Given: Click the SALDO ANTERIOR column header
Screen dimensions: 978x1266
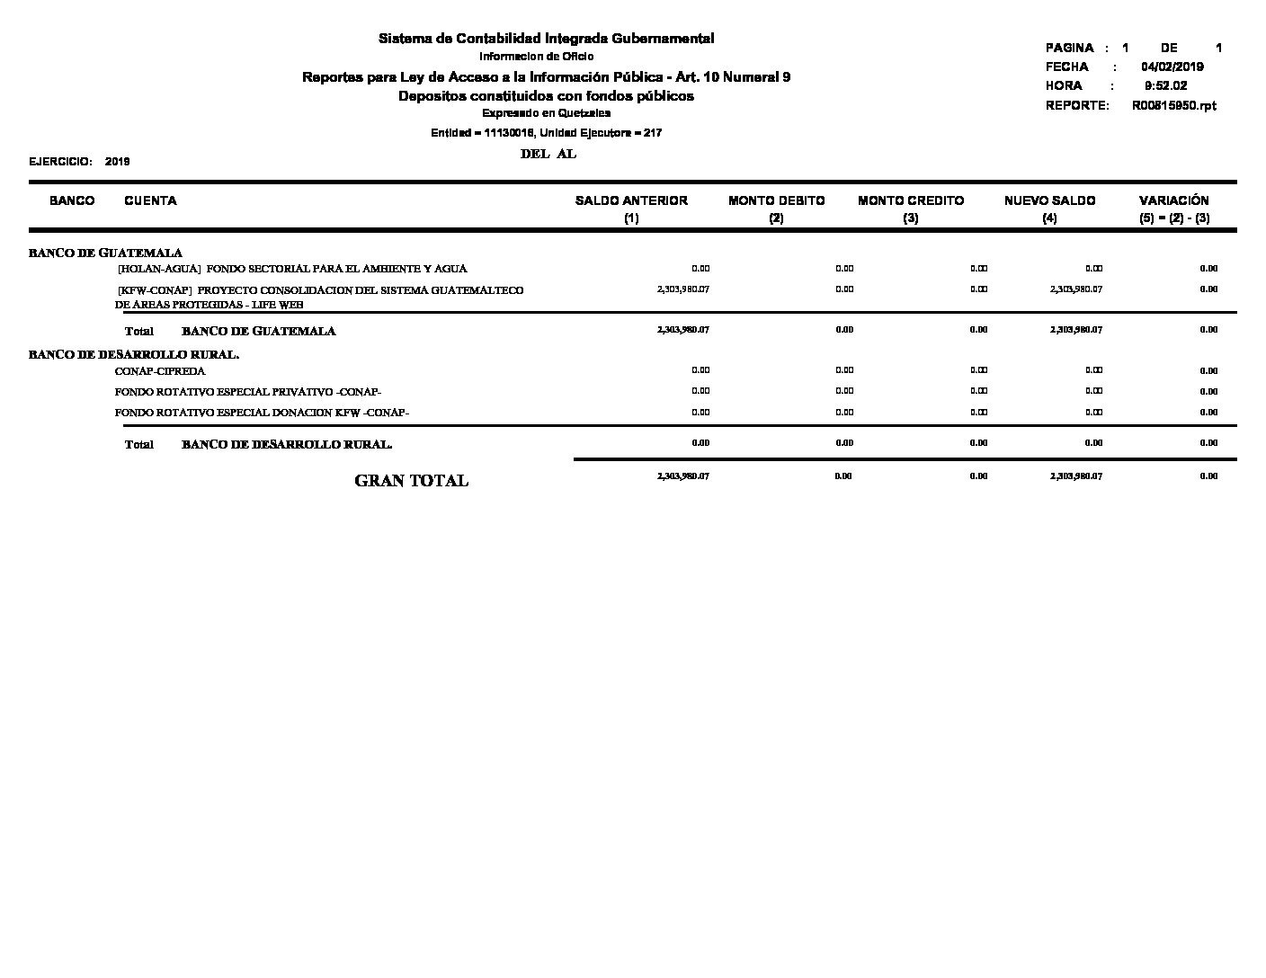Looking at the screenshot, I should click(631, 201).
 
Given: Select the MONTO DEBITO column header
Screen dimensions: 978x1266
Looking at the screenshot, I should click(776, 201).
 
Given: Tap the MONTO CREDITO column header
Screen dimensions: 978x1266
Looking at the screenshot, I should click(911, 201).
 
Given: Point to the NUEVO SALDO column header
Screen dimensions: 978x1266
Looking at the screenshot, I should click(1049, 201).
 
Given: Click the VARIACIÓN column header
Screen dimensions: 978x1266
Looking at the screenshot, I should click(1173, 201).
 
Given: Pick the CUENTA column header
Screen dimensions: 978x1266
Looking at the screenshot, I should click(150, 201).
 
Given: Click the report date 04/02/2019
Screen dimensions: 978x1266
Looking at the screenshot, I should click(1172, 67).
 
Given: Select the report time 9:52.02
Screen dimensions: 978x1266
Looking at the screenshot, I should click(1165, 86).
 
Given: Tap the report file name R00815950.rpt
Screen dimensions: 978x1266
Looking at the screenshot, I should click(1173, 106).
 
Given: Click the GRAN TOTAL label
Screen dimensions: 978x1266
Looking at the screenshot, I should click(412, 481).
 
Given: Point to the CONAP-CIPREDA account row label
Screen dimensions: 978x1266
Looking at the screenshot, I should click(160, 371).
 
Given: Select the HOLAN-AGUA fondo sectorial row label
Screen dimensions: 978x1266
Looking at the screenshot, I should click(292, 269).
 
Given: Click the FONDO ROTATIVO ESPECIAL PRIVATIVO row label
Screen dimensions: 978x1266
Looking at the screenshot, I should click(248, 392).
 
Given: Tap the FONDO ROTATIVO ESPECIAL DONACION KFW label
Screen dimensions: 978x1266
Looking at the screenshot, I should click(262, 413).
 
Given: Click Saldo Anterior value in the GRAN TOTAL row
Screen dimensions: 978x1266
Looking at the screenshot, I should click(682, 476).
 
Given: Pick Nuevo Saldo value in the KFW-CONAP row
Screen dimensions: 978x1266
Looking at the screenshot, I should click(1075, 289).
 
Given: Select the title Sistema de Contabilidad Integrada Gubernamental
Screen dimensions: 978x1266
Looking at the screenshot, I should click(546, 39).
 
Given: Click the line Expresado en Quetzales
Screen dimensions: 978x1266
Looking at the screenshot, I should click(546, 113).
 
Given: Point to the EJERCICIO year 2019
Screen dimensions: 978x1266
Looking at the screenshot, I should click(117, 162).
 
